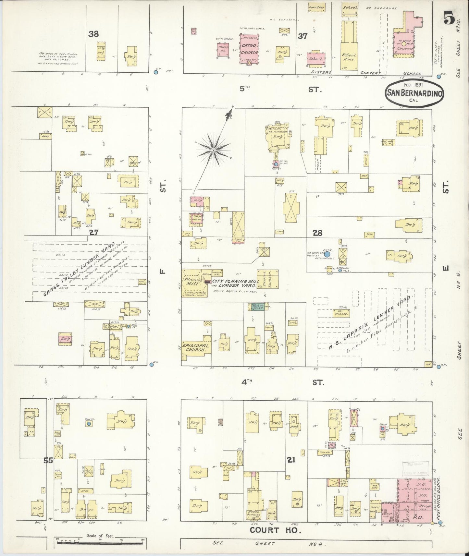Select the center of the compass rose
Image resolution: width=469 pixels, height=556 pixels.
tap(213, 150)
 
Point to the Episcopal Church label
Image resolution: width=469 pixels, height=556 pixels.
tap(195, 348)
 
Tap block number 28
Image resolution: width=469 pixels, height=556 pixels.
tap(317, 233)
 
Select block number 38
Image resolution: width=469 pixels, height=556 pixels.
tap(93, 34)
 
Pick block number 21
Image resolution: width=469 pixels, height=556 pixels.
tap(291, 460)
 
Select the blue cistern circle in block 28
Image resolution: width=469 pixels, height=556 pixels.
tap(327, 255)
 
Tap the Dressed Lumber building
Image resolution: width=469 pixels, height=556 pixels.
tap(267, 279)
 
